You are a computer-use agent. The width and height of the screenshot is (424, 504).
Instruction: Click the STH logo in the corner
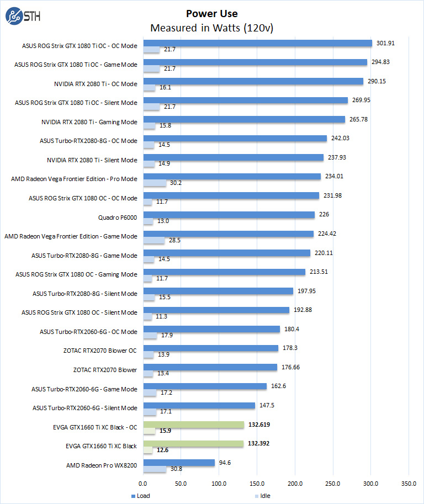click(x=21, y=17)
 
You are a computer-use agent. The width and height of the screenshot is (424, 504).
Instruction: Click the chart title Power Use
click(x=212, y=14)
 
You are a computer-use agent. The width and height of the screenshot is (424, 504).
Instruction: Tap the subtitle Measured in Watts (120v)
click(x=212, y=28)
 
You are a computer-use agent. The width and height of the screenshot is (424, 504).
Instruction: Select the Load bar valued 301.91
click(x=258, y=43)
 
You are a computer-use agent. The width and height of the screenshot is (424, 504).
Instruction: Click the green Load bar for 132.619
click(x=194, y=425)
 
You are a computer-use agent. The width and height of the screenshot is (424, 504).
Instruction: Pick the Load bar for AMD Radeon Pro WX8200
click(x=179, y=463)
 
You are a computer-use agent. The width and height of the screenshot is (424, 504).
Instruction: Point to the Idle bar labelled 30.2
click(x=155, y=183)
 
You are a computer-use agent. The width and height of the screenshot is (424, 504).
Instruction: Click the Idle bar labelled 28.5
click(x=154, y=240)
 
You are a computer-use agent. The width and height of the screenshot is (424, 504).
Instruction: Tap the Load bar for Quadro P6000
click(x=229, y=215)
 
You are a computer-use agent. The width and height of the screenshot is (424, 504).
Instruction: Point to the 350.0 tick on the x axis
click(x=409, y=483)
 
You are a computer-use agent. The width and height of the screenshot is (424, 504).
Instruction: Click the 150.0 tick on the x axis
click(x=257, y=483)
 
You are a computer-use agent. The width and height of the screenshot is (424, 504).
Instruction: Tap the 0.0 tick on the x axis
click(x=144, y=483)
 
